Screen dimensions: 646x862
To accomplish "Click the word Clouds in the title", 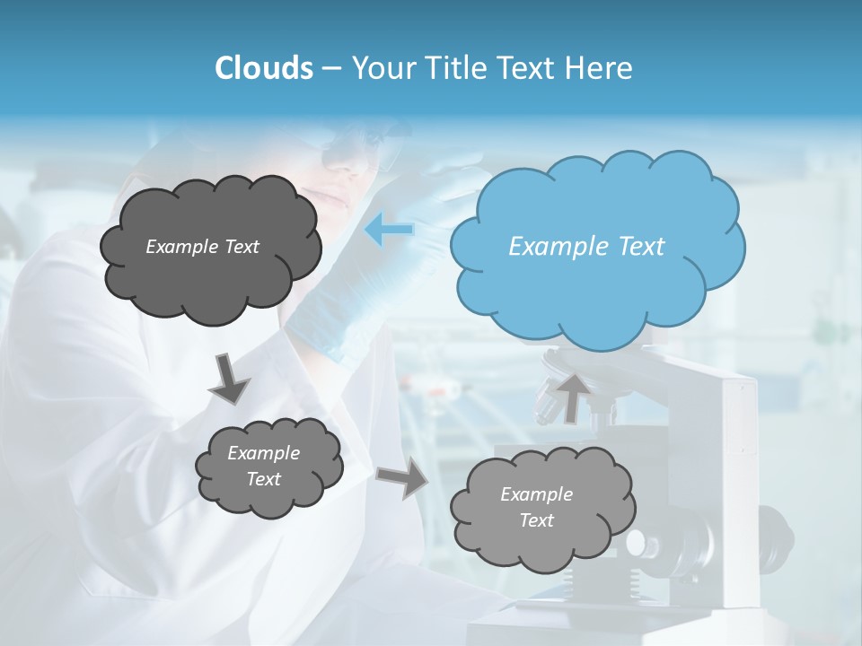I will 263,68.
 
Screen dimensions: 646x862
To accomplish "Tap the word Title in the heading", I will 454,68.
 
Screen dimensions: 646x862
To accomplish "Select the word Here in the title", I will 603,68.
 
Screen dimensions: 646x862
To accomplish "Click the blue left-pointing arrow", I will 389,231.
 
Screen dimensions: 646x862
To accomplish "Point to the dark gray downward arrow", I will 230,379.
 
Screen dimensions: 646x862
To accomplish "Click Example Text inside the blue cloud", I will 586,246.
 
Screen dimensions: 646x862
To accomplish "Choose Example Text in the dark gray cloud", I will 202,246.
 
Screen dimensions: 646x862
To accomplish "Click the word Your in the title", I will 381,68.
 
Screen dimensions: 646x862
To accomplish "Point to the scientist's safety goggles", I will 364,144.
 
